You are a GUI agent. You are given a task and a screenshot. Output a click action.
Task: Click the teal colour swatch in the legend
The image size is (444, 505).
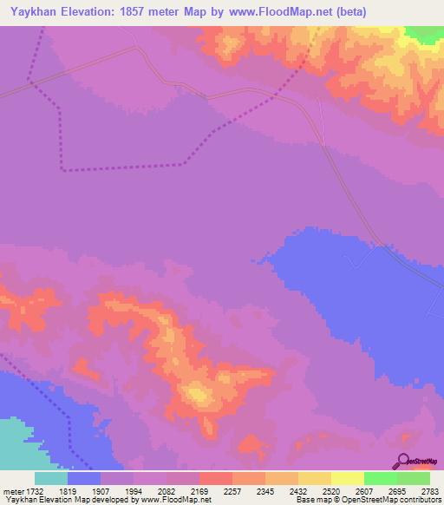51,478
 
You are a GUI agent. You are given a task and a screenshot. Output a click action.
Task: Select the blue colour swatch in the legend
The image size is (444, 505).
84,478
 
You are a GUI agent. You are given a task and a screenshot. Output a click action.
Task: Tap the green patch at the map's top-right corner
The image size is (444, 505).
424,33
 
